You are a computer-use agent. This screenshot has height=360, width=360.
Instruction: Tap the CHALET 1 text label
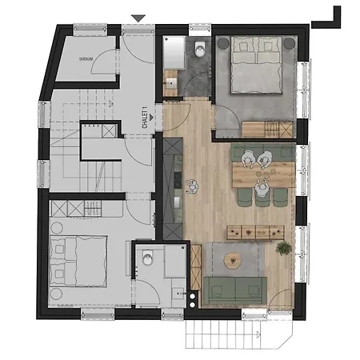pos(145,118)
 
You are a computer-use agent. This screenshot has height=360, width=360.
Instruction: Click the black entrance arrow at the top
pos(138,18)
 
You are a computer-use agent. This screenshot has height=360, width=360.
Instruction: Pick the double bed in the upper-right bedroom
pos(253,66)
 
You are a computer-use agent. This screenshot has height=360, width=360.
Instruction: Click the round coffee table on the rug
pos(232,260)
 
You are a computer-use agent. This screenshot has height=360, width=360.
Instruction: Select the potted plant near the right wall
pos(284,248)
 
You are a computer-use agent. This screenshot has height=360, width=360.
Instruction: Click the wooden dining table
pos(262,170)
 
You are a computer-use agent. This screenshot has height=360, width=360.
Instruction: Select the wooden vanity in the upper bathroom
pos(171,80)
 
